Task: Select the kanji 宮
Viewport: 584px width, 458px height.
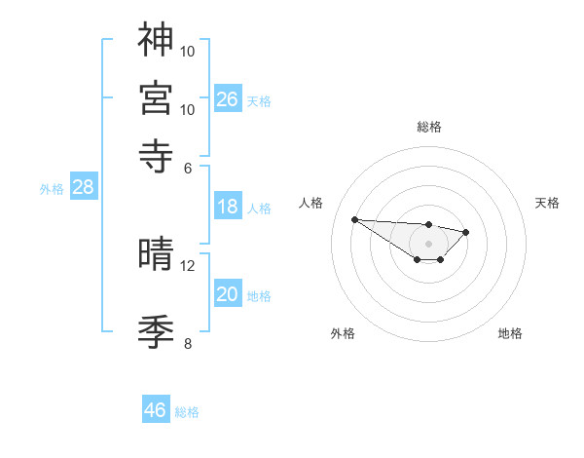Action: coord(157,96)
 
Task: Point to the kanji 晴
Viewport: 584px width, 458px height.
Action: coord(157,253)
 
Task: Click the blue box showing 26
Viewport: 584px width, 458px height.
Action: coord(228,98)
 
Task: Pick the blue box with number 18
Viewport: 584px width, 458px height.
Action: coord(228,207)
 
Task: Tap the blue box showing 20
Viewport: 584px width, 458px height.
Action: coord(228,295)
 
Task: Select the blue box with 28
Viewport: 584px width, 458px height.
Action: coord(83,188)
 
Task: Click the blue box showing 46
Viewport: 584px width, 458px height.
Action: coord(156,410)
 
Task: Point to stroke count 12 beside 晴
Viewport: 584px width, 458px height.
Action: coord(188,266)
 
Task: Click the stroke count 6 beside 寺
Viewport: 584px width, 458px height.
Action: coord(189,168)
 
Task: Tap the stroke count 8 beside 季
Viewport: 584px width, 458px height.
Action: coord(188,343)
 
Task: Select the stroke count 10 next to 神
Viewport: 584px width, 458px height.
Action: coord(188,51)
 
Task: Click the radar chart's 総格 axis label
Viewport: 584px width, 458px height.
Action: coord(428,127)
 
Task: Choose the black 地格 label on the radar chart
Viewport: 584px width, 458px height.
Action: coord(510,334)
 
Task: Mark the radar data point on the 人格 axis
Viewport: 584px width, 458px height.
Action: coord(354,219)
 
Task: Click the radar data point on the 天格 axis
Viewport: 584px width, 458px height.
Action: coord(466,232)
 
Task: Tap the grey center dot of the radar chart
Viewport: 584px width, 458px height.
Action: coord(428,244)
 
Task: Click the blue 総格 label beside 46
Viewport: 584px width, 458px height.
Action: coord(187,412)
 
